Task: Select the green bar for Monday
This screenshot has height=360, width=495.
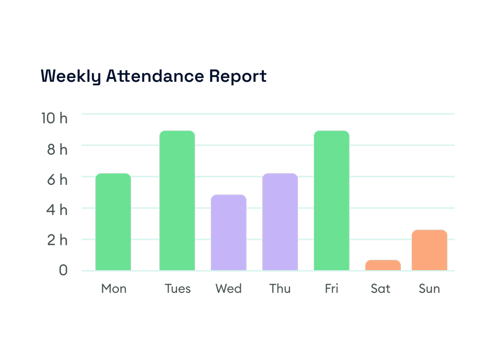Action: [113, 222]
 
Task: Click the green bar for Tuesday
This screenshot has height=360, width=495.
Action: [177, 201]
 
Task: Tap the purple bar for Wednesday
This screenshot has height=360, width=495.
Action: [228, 233]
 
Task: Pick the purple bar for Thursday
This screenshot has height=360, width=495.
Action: [280, 222]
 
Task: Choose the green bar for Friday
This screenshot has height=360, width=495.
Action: [332, 201]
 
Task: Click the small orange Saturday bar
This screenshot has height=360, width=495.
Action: [383, 265]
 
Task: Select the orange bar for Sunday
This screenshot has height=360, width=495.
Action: [429, 250]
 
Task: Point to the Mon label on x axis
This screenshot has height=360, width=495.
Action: [114, 289]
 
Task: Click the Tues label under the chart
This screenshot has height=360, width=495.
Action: [178, 289]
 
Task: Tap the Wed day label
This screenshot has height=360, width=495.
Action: [228, 289]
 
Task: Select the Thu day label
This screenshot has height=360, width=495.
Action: [280, 289]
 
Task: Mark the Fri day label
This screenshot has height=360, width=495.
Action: [332, 289]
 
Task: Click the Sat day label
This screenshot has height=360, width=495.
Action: [380, 289]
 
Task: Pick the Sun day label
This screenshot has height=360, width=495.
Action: [429, 289]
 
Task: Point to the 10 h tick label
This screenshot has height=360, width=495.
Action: [54, 118]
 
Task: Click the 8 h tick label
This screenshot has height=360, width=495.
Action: [57, 149]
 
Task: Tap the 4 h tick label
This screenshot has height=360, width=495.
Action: [57, 210]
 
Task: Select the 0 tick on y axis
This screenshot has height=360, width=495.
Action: [63, 270]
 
